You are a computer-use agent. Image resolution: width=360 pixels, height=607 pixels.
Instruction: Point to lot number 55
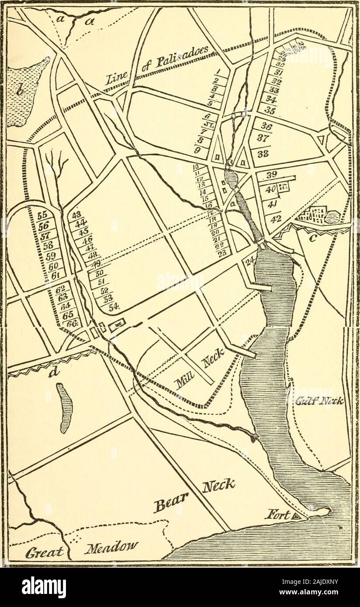pos(42,215)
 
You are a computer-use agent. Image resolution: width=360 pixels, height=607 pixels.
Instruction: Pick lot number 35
pos(270,111)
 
